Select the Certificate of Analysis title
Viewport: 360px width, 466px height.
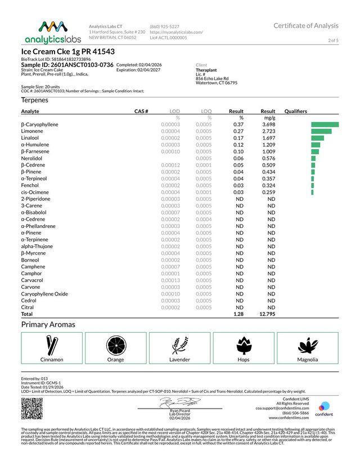tap(306, 26)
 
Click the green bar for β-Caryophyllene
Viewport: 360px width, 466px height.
tap(325, 124)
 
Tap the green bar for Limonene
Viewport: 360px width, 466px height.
tap(321, 131)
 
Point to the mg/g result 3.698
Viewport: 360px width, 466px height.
tap(268, 124)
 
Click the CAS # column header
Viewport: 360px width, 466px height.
tap(141, 112)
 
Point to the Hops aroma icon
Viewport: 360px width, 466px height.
tap(244, 344)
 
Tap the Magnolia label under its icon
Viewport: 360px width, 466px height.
tap(308, 360)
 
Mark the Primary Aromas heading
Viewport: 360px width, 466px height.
tap(48, 325)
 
